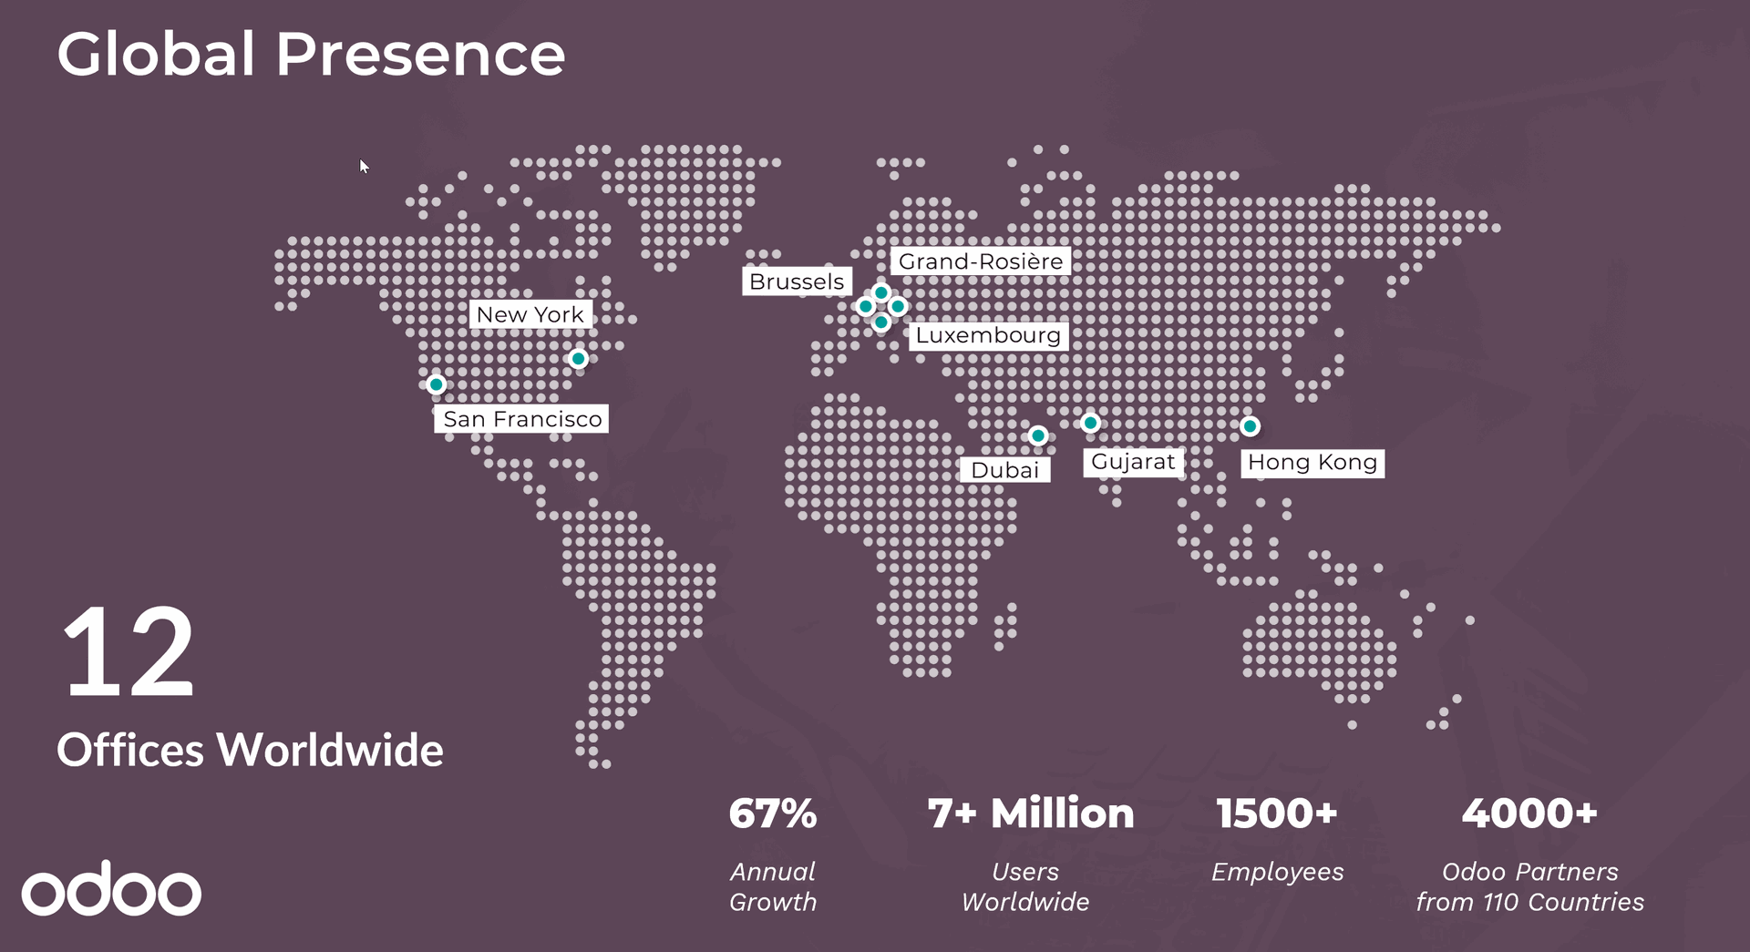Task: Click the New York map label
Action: coord(530,314)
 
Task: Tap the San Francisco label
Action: coord(522,419)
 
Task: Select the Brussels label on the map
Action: coord(797,282)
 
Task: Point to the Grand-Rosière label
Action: coord(980,261)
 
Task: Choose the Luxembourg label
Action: coord(988,335)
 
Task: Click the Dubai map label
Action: coord(1004,470)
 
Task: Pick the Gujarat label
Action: coord(1133,462)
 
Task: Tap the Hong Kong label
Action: coord(1312,463)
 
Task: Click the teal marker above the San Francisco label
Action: coord(437,384)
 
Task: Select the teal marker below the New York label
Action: coord(578,359)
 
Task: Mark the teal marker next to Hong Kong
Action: coord(1251,425)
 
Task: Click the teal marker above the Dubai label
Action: coord(1038,435)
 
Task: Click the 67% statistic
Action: coord(773,813)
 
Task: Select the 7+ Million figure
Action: coord(1030,813)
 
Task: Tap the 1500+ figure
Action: coord(1276,813)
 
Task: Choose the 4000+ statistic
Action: coord(1529,813)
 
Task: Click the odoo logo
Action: coord(111,889)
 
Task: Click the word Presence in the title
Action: coord(420,54)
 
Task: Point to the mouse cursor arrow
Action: coord(364,166)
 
